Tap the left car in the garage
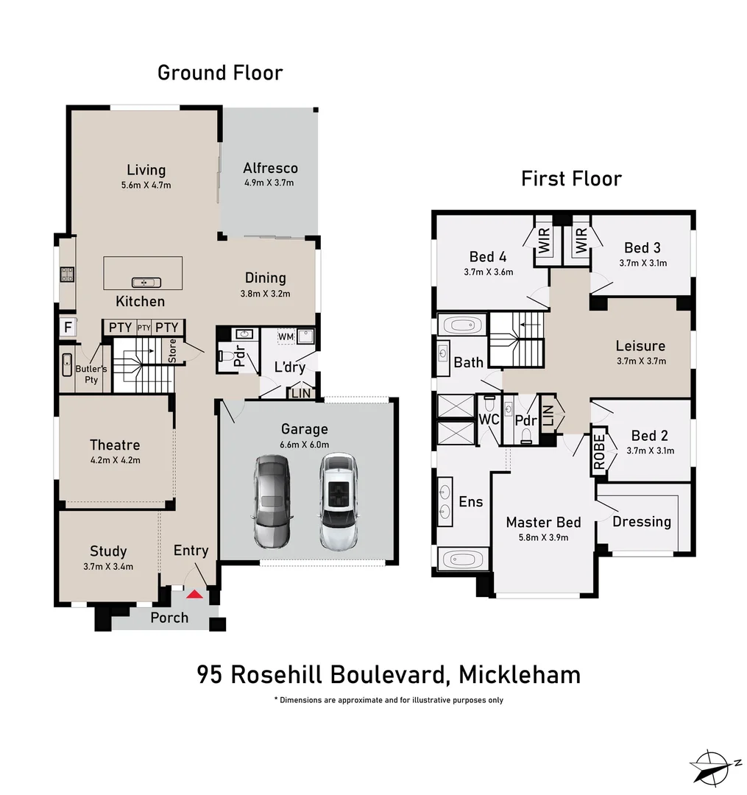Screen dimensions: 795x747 [272, 501]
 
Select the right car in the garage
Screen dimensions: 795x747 [339, 501]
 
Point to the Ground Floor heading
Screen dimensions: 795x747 [220, 73]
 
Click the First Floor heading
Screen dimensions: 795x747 [571, 179]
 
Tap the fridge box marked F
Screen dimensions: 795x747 [67, 328]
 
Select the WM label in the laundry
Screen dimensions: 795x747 [286, 336]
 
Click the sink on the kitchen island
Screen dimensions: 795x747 [142, 282]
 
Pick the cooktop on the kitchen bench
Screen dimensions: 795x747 [66, 275]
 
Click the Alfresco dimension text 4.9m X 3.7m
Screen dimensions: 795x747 [270, 183]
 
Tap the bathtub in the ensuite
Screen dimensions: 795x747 [462, 559]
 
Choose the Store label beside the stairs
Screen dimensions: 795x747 [173, 351]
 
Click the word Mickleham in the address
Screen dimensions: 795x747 [519, 674]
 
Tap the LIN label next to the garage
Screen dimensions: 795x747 [301, 394]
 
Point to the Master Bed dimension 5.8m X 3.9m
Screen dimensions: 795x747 [543, 537]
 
